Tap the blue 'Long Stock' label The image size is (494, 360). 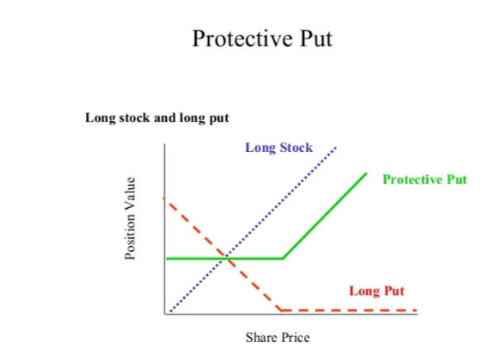click(x=278, y=148)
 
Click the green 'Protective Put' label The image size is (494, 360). click(x=425, y=179)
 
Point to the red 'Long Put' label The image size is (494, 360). click(x=377, y=291)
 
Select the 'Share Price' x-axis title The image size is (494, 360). click(x=278, y=338)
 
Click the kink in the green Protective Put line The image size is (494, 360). click(x=283, y=258)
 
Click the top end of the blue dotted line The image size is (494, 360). click(x=336, y=147)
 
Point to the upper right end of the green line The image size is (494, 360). click(x=366, y=173)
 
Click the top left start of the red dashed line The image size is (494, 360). click(x=166, y=199)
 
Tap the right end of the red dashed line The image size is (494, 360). click(x=416, y=310)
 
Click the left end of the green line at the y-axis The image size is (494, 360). click(x=167, y=258)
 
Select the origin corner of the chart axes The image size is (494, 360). click(x=165, y=315)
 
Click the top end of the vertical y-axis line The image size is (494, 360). click(x=165, y=144)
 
